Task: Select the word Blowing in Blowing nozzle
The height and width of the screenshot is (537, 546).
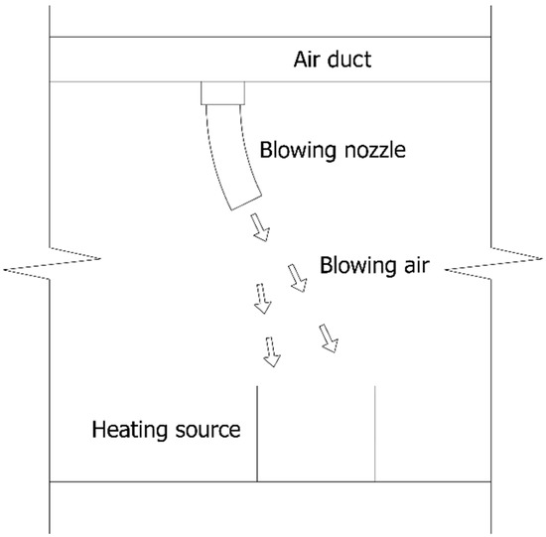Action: [294, 151]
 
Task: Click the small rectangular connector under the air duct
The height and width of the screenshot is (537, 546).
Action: [224, 93]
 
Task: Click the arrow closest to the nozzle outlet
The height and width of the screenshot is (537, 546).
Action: [260, 229]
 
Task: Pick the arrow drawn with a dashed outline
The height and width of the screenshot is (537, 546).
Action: [262, 299]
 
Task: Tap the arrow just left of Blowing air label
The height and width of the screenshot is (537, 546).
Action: [297, 277]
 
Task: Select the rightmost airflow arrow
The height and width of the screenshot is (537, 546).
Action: [329, 338]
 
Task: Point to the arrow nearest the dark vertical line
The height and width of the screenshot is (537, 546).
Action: [270, 350]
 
